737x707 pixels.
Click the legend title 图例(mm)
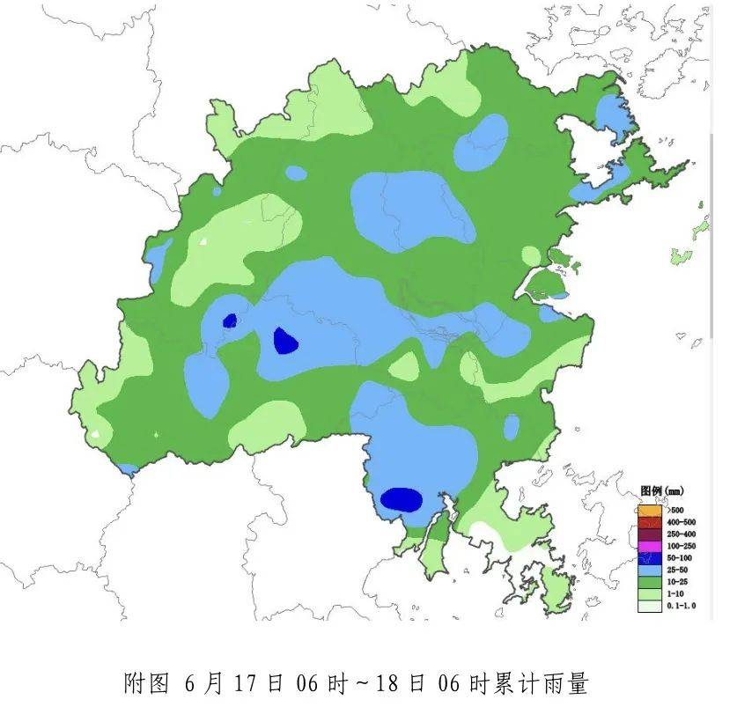click(x=661, y=490)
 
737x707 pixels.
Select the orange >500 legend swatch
click(x=649, y=510)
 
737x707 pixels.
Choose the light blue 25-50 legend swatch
click(x=649, y=570)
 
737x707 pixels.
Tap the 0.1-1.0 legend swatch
click(x=649, y=606)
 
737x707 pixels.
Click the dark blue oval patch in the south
click(x=402, y=499)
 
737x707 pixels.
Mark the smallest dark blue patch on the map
click(x=230, y=321)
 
